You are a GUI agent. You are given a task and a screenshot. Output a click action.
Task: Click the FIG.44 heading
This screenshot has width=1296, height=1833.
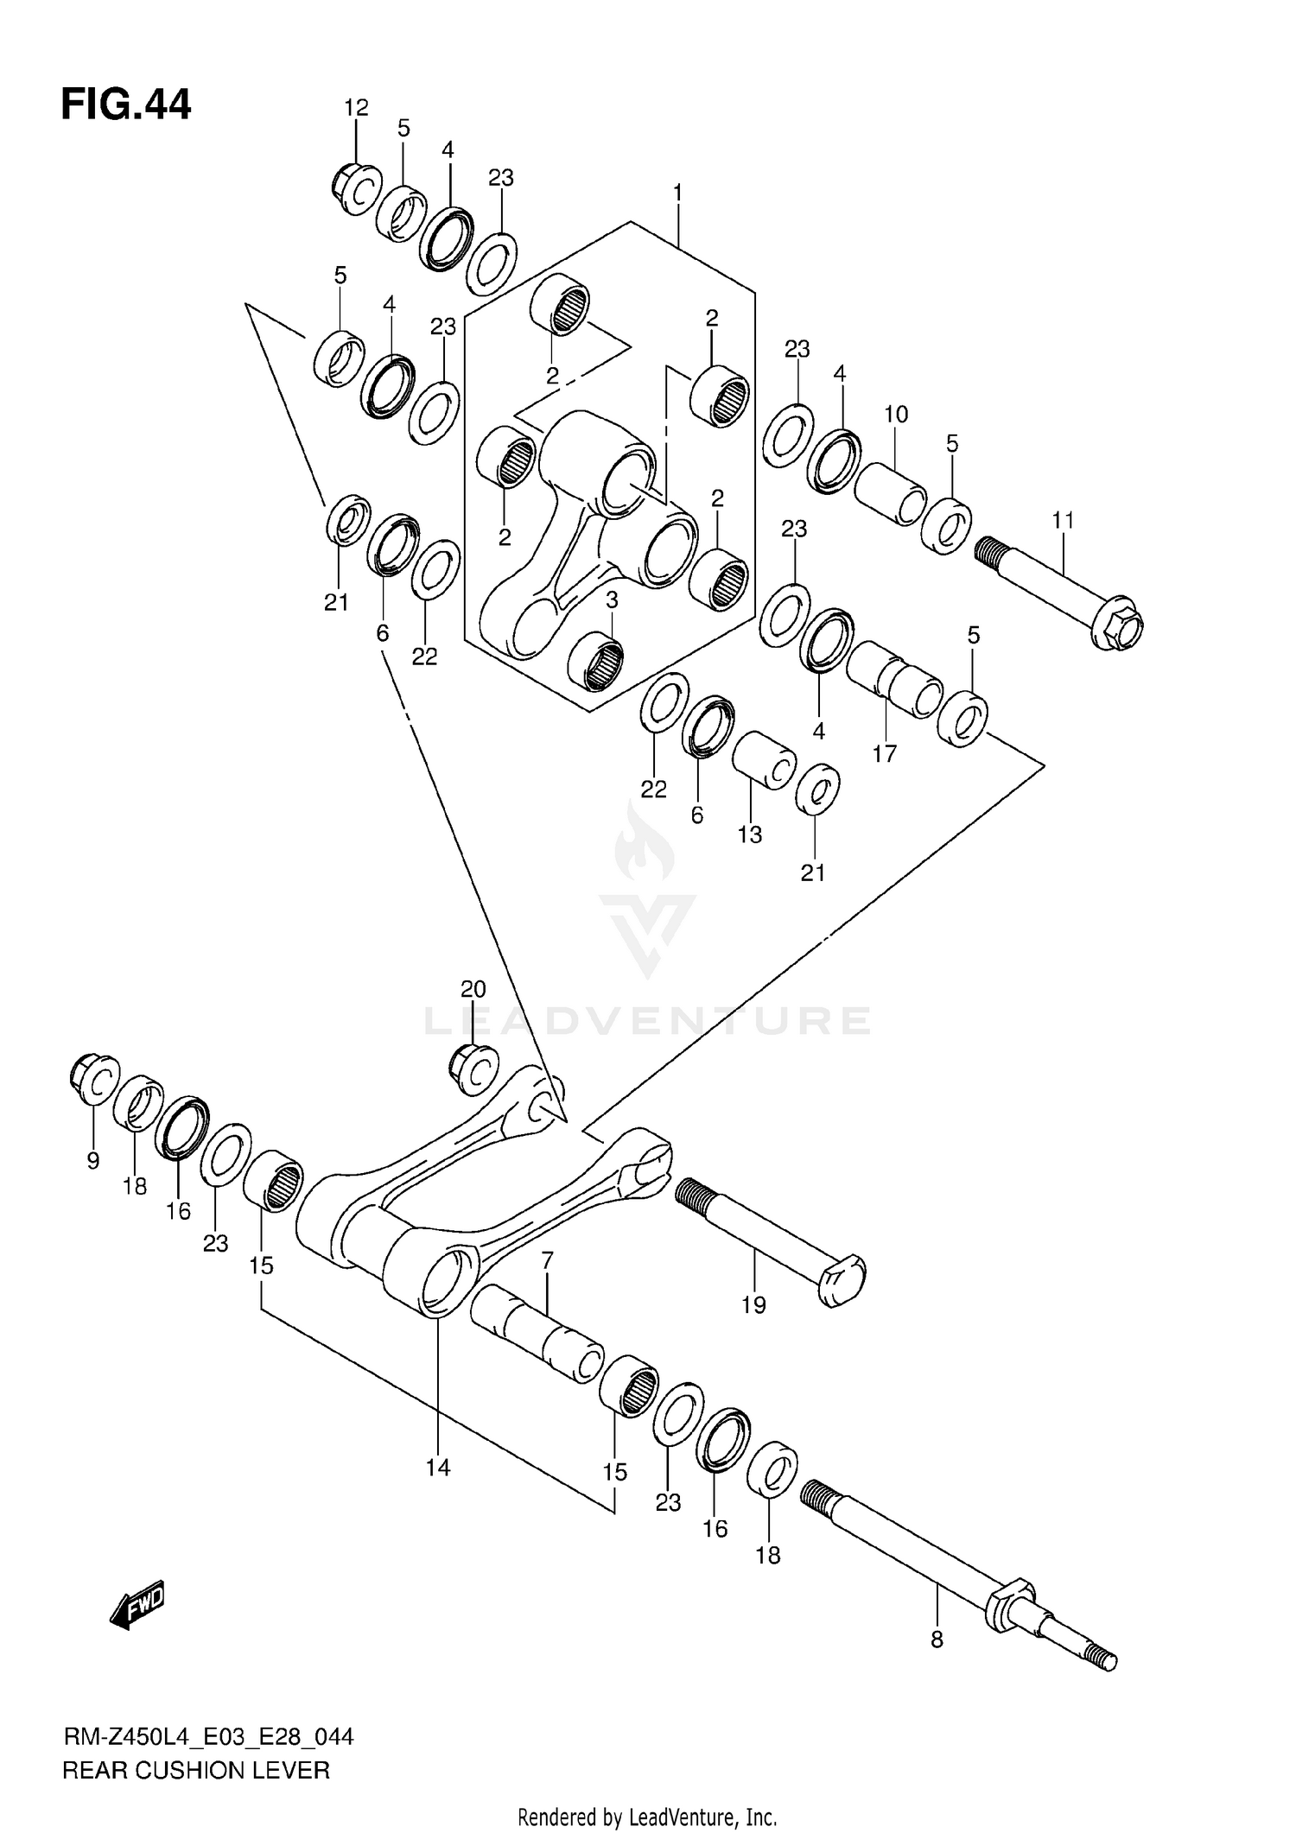126,105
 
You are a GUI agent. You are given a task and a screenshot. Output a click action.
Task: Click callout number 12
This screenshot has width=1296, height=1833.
356,108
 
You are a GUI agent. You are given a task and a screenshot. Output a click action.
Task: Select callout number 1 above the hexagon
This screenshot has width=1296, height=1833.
678,192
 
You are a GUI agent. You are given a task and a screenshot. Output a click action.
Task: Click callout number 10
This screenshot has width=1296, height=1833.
896,414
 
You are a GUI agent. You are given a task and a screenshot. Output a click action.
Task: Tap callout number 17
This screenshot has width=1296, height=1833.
884,753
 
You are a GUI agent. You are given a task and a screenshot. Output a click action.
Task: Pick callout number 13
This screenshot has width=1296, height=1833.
749,834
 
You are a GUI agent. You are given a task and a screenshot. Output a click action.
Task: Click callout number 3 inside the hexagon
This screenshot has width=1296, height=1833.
612,599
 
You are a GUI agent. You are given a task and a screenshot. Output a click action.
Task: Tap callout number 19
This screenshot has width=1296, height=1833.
753,1304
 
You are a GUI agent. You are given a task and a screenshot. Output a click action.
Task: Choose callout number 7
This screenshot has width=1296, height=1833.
547,1260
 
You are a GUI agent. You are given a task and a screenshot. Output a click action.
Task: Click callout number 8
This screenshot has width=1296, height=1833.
937,1639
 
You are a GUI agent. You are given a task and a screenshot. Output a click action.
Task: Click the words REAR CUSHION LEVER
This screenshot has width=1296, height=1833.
196,1770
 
